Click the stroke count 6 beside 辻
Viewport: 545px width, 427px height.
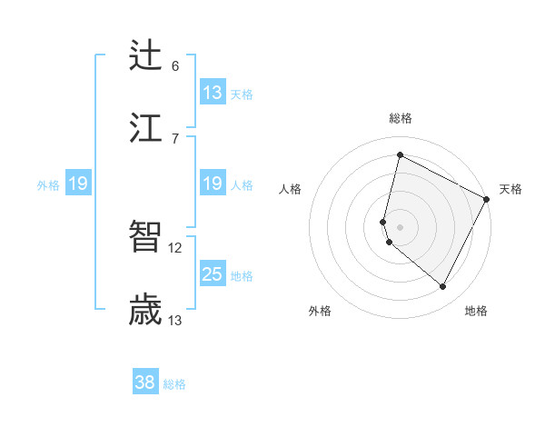coord(175,65)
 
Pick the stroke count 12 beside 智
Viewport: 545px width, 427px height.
coord(175,247)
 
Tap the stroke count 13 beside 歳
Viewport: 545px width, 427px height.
coord(175,320)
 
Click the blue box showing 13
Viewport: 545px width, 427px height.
coord(213,93)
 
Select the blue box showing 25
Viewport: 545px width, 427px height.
coord(213,274)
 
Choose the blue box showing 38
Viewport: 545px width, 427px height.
coord(145,382)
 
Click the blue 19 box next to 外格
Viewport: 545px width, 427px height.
coord(77,184)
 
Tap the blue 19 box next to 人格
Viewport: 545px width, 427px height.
coord(213,184)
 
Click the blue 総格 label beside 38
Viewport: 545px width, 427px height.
coord(174,384)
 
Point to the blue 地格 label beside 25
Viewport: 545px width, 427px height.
coord(242,276)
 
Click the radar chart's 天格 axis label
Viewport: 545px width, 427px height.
coord(510,189)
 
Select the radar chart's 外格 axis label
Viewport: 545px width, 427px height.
coord(320,311)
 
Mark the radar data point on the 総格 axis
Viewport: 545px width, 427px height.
coord(400,155)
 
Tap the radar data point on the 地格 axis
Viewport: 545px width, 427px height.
coord(443,287)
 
